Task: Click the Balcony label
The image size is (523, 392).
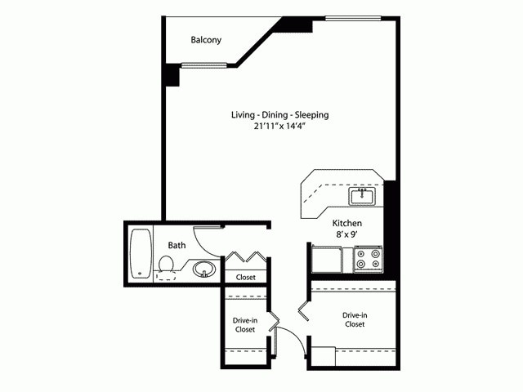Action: [206, 40]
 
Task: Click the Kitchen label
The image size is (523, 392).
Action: [346, 223]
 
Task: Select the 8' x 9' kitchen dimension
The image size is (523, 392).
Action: [346, 235]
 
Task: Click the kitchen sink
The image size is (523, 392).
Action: [360, 196]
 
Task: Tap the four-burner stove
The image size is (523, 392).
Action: [368, 259]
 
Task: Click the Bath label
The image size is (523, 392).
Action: [177, 245]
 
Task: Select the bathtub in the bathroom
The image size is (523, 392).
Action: [140, 253]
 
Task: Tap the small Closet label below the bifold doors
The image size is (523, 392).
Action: [245, 278]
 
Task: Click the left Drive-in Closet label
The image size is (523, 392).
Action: [245, 324]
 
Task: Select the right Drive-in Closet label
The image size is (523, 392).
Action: [354, 319]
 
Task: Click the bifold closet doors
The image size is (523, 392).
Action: [245, 257]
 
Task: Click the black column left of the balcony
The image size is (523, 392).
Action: [171, 74]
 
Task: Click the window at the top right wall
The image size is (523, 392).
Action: [353, 18]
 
